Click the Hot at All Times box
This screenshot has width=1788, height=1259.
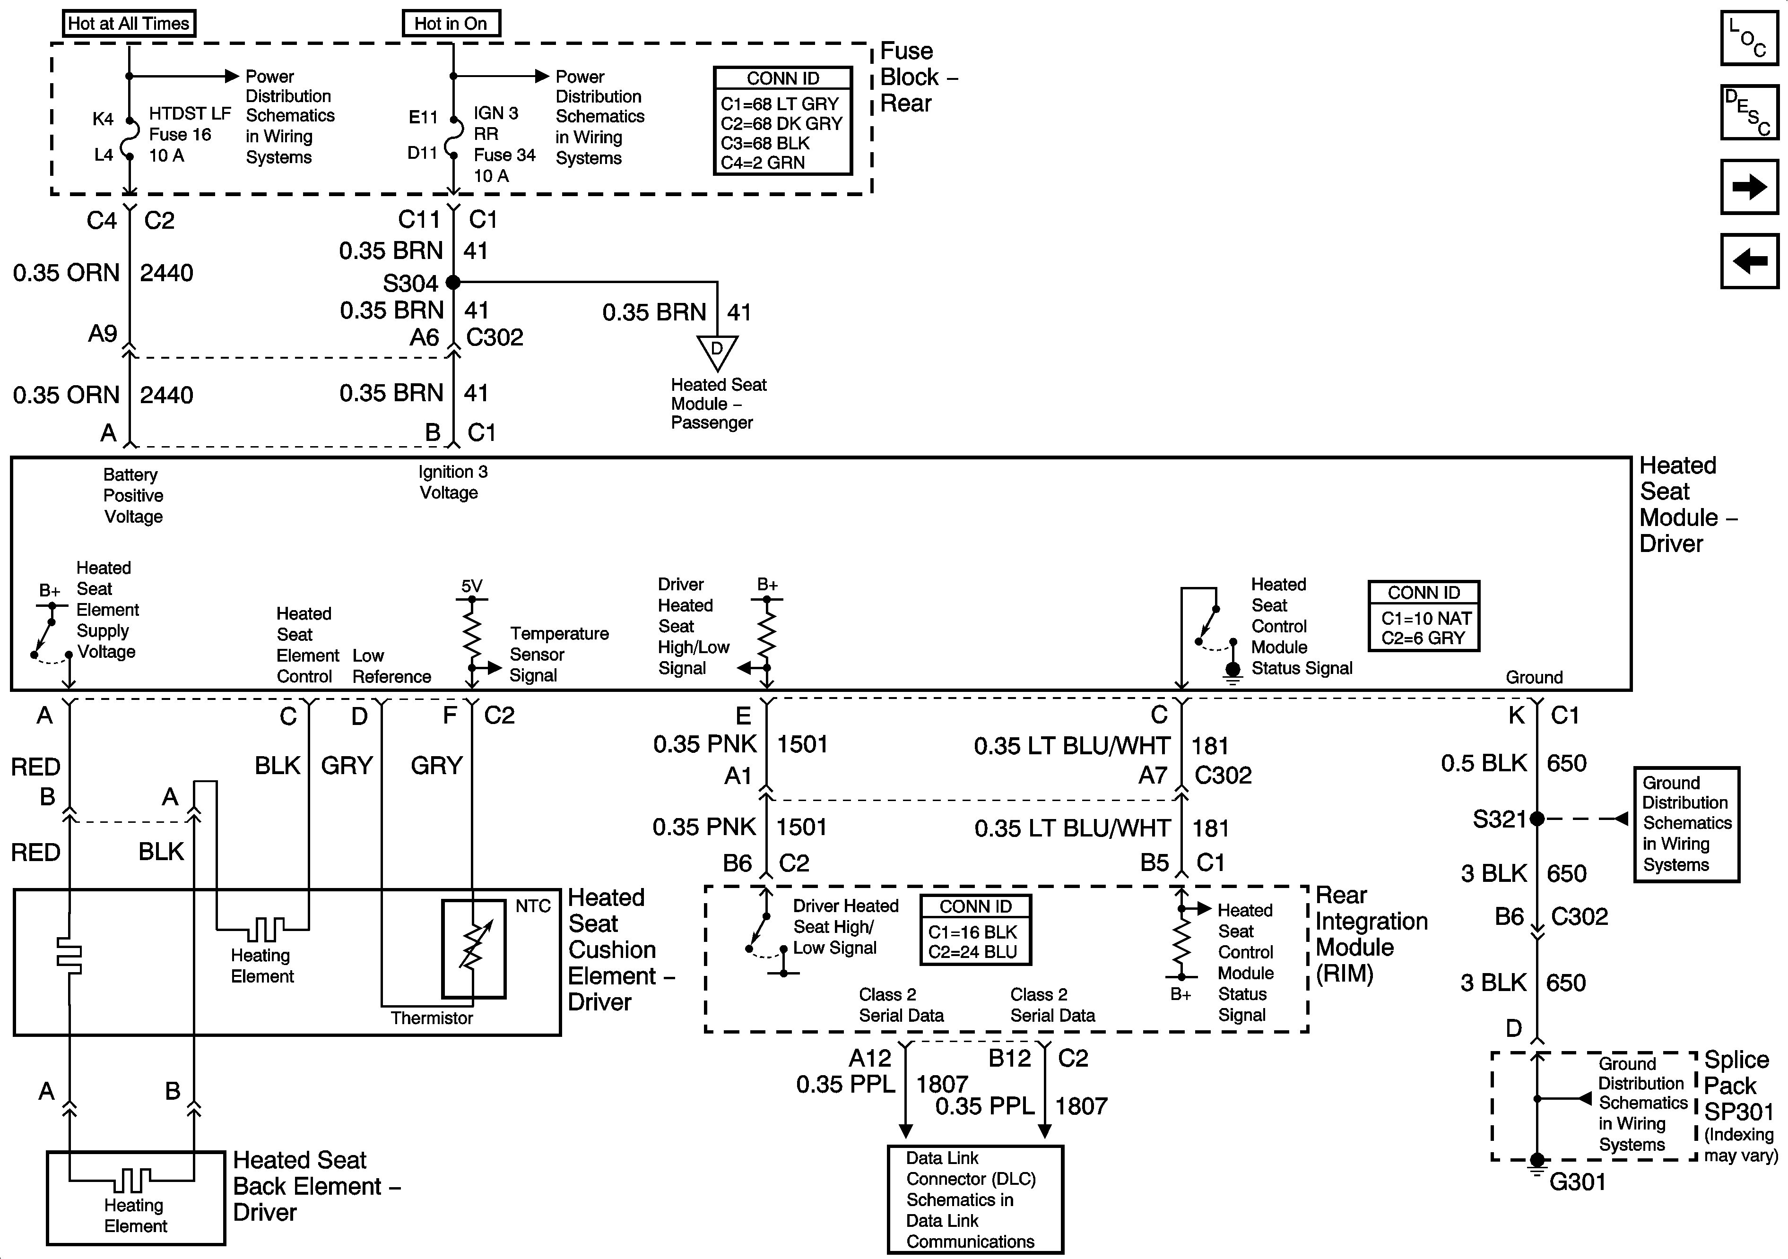[x=129, y=23]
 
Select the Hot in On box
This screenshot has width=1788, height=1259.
[x=451, y=23]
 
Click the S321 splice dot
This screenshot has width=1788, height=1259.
[x=1536, y=819]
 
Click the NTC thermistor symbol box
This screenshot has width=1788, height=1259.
[x=474, y=949]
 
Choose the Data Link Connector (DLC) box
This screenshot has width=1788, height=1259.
[x=975, y=1199]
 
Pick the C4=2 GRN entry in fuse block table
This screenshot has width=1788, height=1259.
[x=763, y=163]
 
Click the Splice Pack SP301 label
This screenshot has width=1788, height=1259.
[x=1738, y=1086]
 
